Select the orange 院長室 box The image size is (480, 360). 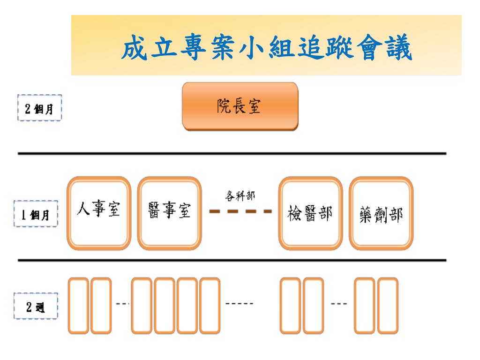240,106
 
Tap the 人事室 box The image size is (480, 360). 98,212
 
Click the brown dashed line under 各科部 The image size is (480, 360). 240,211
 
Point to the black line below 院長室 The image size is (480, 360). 232,153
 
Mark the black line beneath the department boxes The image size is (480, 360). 232,260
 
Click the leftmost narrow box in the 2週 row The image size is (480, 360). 78,306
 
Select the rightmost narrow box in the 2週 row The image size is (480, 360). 388,306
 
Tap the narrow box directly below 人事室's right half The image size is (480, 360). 101,306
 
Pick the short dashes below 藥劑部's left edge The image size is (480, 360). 339,303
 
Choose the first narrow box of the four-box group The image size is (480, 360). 142,306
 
